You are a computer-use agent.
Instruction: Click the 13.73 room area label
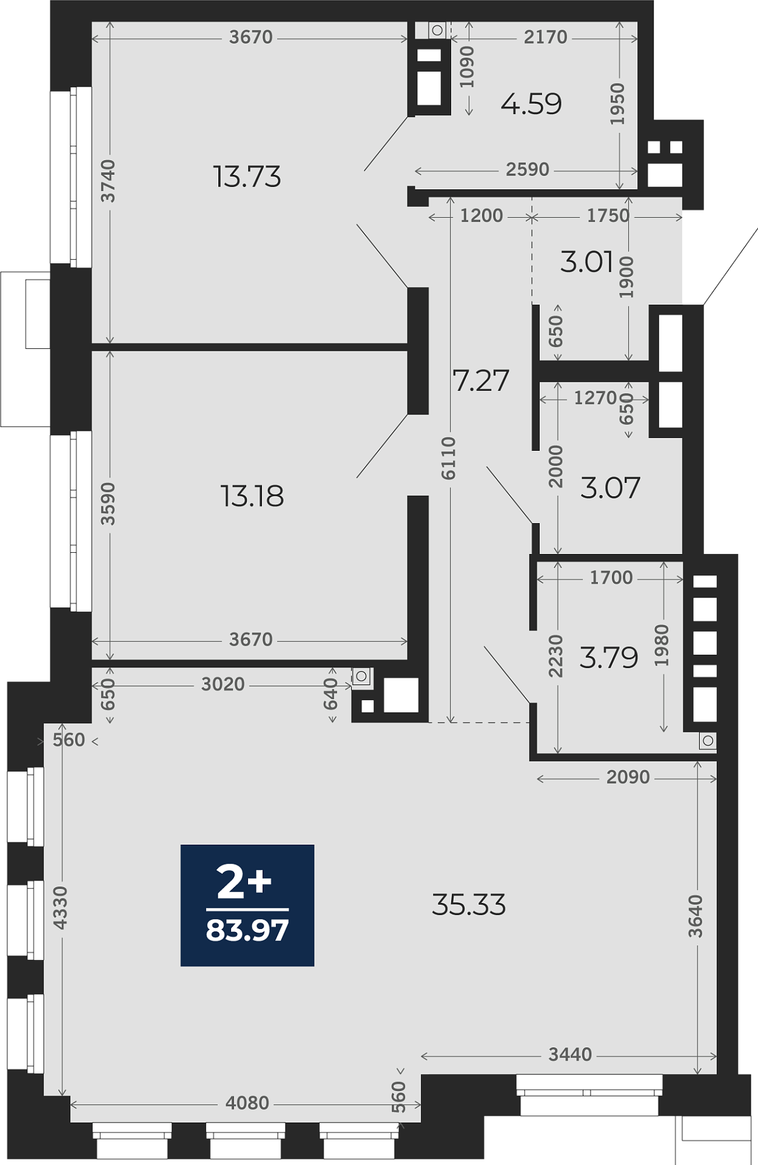pyautogui.click(x=247, y=177)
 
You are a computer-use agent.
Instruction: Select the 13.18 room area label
pyautogui.click(x=252, y=496)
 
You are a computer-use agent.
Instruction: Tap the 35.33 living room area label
pyautogui.click(x=469, y=905)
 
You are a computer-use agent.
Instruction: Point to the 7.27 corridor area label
pyautogui.click(x=481, y=381)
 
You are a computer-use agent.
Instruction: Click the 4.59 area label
pyautogui.click(x=531, y=104)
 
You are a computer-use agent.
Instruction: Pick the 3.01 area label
pyautogui.click(x=587, y=262)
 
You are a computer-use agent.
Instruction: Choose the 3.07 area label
pyautogui.click(x=610, y=488)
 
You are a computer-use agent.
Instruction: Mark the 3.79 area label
pyautogui.click(x=609, y=658)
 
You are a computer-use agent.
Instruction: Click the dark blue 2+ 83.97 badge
pyautogui.click(x=247, y=905)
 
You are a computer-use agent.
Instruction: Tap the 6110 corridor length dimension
pyautogui.click(x=448, y=458)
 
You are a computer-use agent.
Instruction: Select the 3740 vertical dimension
pyautogui.click(x=108, y=181)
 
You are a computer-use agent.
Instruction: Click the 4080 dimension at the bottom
pyautogui.click(x=247, y=1103)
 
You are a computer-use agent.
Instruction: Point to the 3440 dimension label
pyautogui.click(x=570, y=1055)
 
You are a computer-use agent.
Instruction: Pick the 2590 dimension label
pyautogui.click(x=528, y=169)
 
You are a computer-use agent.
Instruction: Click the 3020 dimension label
pyautogui.click(x=223, y=684)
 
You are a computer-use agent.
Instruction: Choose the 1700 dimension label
pyautogui.click(x=611, y=578)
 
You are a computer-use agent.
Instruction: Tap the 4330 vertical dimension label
pyautogui.click(x=61, y=908)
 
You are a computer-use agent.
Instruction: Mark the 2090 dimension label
pyautogui.click(x=628, y=777)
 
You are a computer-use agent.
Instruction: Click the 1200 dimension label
pyautogui.click(x=481, y=215)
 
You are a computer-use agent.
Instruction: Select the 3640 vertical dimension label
pyautogui.click(x=696, y=916)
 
